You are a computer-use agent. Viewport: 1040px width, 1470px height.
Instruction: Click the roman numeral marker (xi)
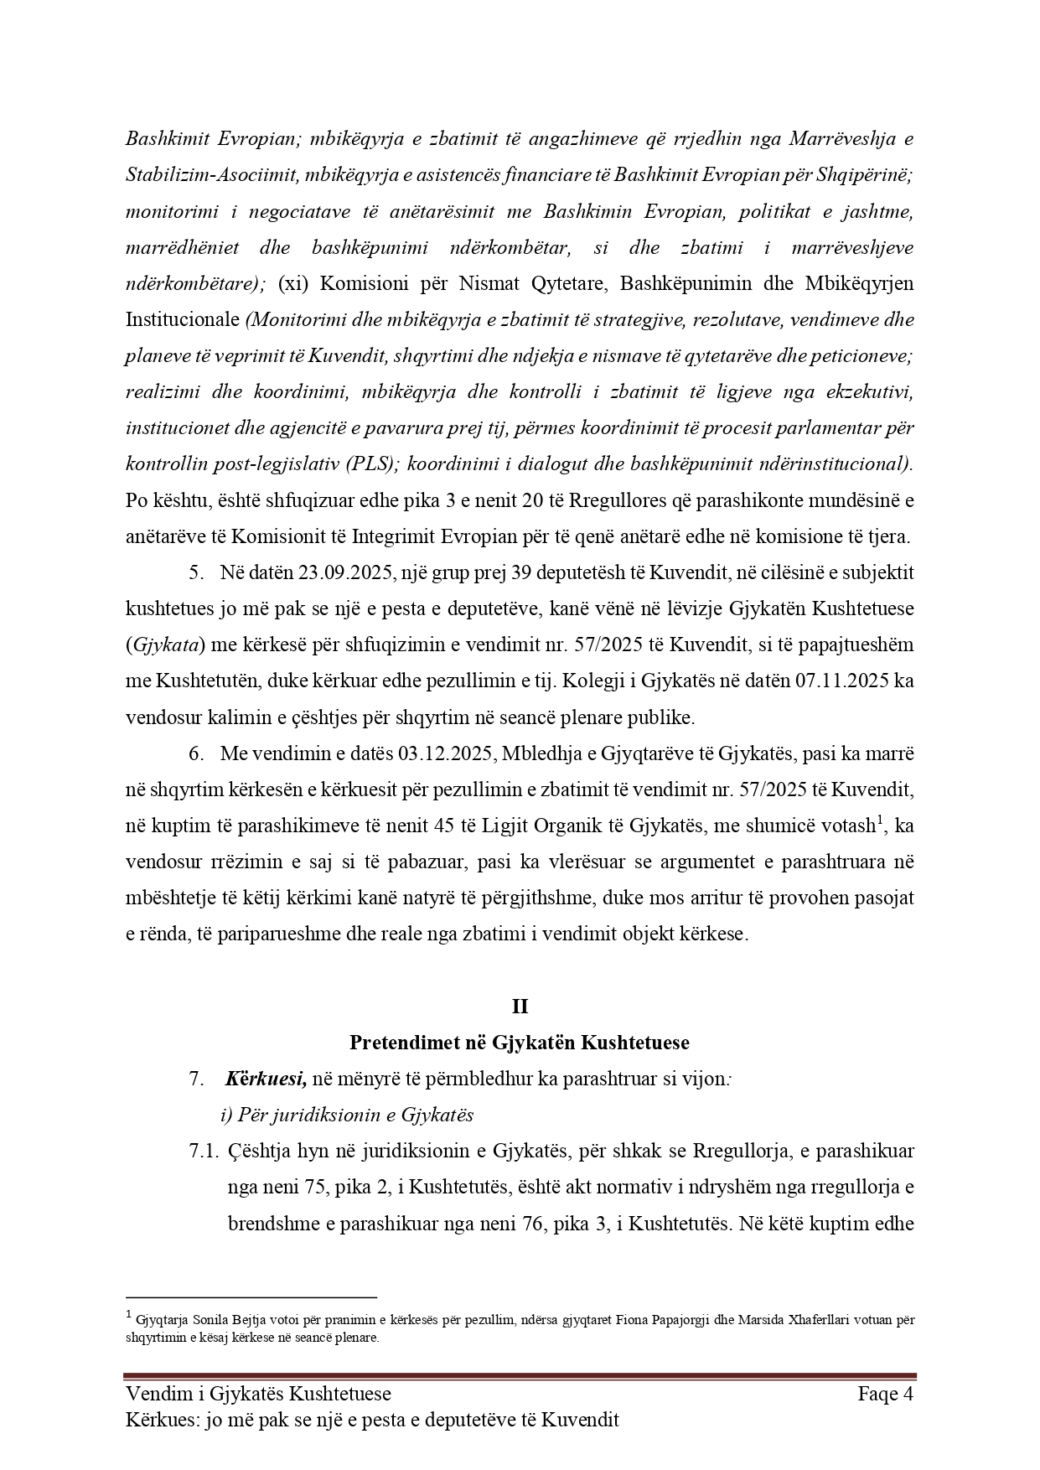click(292, 283)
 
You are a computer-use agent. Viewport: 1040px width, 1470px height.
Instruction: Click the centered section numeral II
click(520, 1007)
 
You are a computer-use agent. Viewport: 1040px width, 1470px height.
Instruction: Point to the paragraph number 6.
click(197, 753)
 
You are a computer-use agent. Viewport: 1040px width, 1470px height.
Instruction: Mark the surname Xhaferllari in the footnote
click(776, 1320)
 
